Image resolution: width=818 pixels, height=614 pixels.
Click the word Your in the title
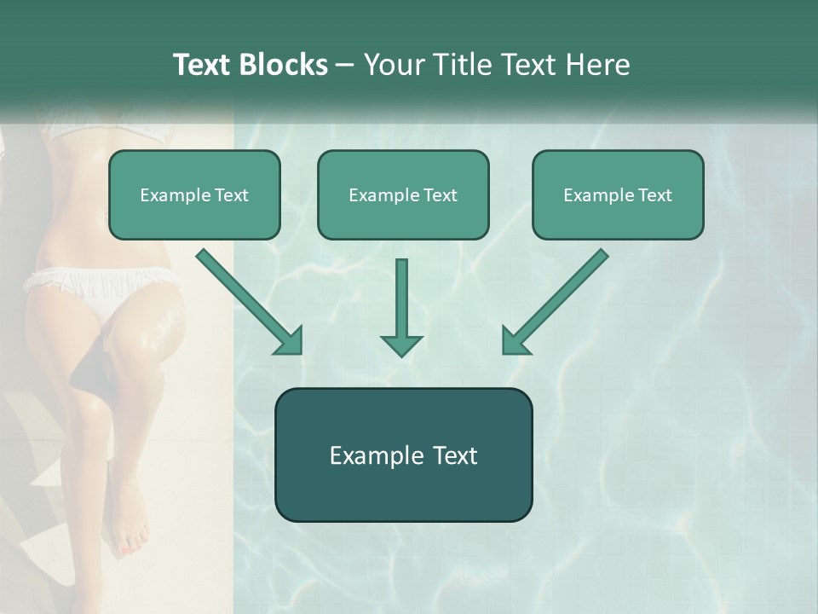394,65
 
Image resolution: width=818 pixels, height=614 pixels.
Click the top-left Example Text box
194,194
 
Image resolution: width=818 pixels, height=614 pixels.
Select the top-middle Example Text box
403,194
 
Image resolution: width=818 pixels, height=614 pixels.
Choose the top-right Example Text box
618,194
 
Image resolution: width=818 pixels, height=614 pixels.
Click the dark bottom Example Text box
403,455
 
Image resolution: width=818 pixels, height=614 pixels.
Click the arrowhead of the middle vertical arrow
401,343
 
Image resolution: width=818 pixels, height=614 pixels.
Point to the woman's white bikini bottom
94,286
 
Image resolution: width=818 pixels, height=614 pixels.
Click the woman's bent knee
158,328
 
